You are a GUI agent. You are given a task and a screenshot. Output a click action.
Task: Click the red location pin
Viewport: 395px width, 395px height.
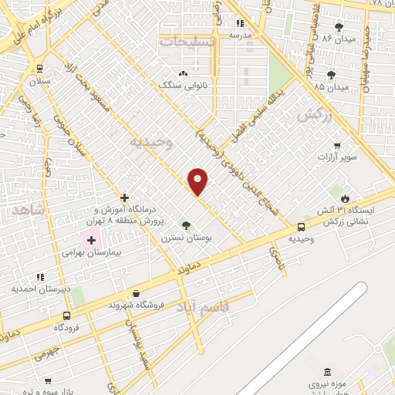coord(199,181)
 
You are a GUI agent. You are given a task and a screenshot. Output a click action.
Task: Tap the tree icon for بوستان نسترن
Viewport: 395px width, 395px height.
coord(185,225)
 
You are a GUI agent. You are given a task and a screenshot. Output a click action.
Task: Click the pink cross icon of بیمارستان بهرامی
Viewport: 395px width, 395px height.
coord(91,241)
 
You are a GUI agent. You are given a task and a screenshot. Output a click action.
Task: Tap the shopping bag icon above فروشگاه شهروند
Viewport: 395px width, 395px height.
coord(137,293)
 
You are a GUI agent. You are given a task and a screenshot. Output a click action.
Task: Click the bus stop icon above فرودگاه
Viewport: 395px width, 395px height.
coord(66,316)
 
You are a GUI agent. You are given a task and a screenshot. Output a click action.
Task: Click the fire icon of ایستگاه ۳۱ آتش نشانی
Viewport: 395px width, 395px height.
coord(356,198)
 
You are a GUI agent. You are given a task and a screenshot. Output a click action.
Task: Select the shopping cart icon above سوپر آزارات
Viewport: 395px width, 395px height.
coord(337,145)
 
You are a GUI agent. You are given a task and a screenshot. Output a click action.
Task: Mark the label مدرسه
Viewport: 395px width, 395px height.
coord(230,35)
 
